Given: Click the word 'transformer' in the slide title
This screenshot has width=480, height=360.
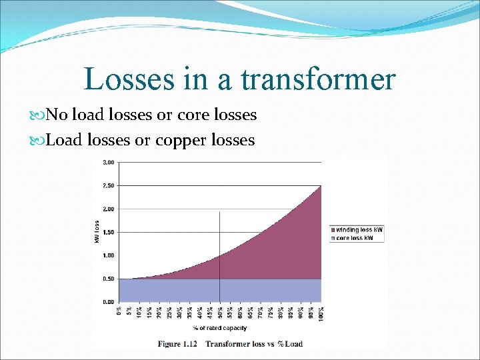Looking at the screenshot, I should coord(318,79).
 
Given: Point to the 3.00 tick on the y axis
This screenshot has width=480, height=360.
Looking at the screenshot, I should coord(108,162).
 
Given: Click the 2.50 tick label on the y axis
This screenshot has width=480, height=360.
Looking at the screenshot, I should coord(108,185).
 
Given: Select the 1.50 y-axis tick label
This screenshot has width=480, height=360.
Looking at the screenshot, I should coord(108,232).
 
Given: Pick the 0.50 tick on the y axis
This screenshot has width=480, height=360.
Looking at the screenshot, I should coord(108,279).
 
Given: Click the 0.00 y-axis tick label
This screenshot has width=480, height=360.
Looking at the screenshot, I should coord(108,302).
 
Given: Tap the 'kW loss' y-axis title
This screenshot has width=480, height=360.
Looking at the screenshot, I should coord(97,231).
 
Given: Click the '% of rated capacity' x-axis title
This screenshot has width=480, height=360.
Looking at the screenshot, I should coord(220,328).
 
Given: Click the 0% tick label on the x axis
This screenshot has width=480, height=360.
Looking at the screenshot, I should coord(119,311).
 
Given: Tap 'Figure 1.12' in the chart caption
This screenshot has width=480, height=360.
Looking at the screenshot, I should coord(178,344).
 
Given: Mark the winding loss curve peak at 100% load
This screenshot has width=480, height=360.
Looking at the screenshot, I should coord(321,186).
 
